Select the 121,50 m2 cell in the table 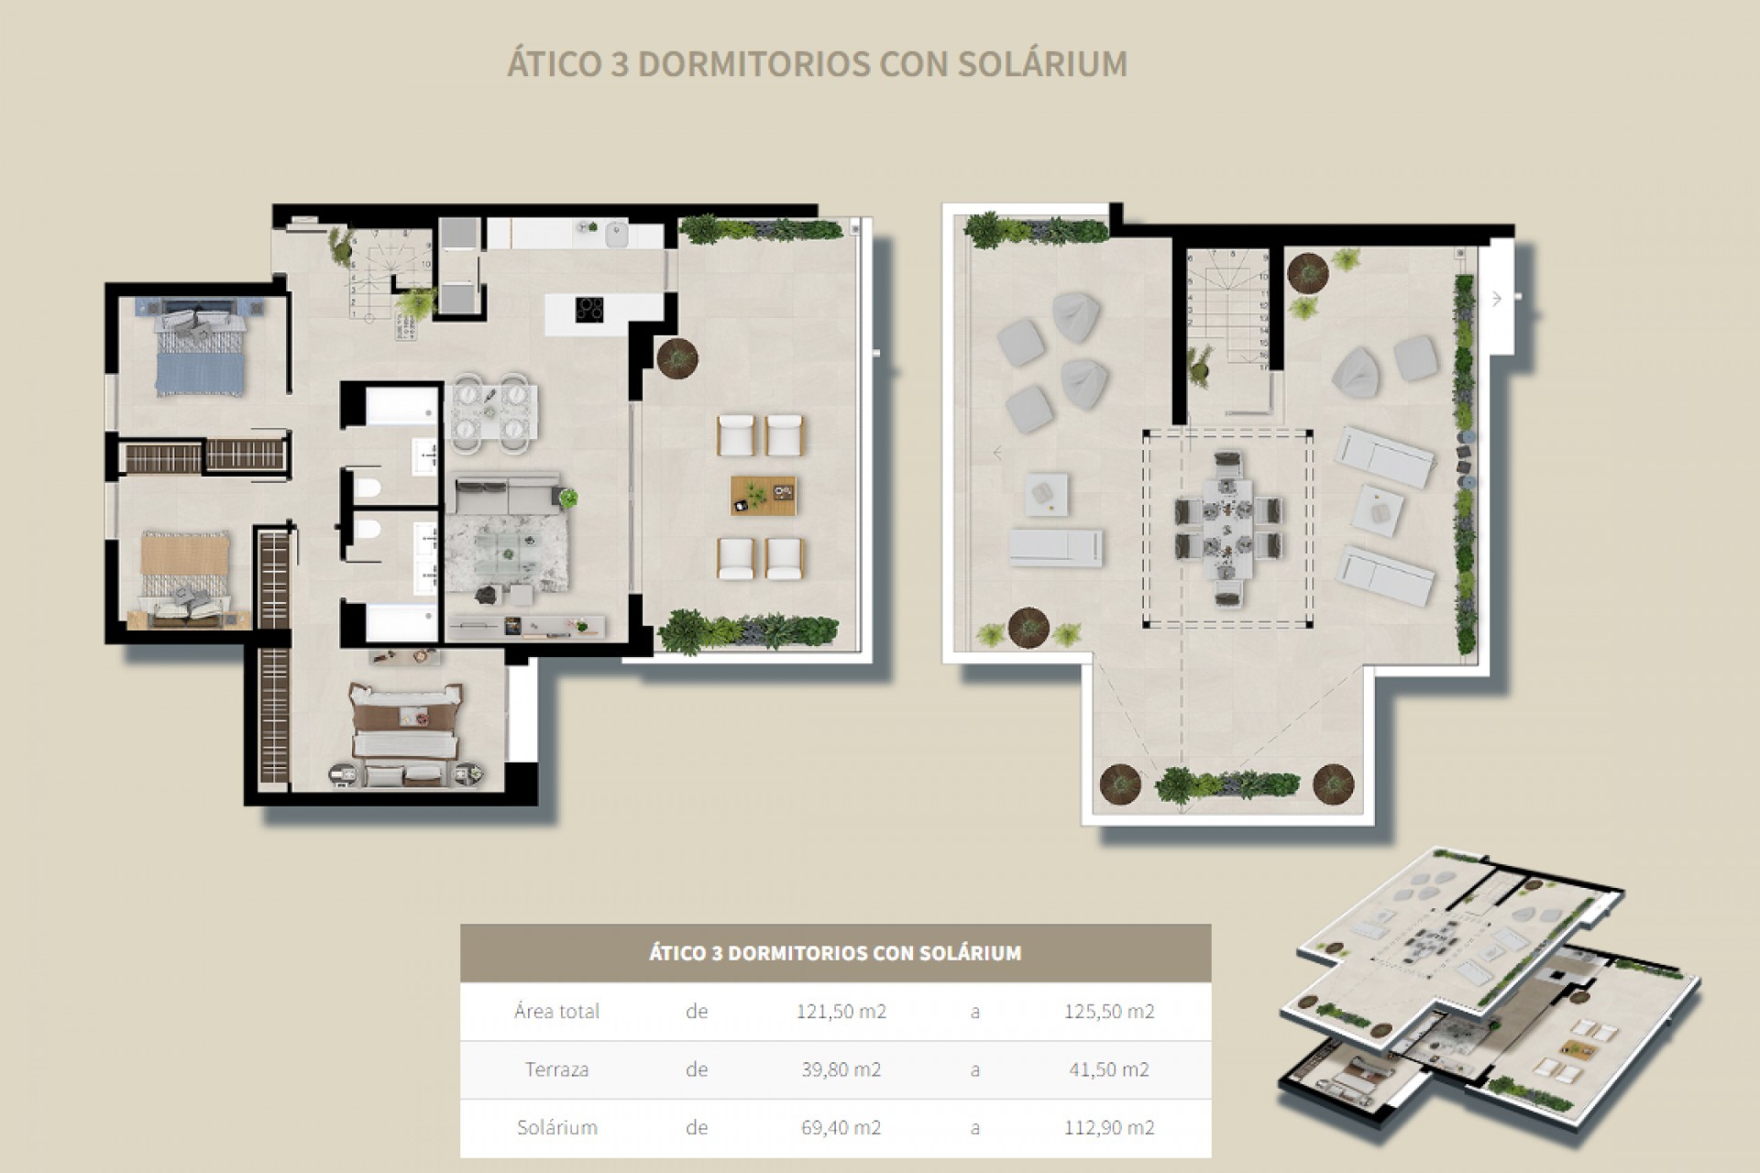coord(841,1012)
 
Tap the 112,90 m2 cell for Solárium coord(1109,1127)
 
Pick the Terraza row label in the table coord(556,1069)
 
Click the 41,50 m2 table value coord(1109,1069)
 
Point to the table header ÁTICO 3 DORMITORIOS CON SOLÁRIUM coord(835,953)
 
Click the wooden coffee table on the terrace coord(764,496)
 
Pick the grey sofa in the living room coord(509,495)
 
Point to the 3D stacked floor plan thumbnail coord(1485,999)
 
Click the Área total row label coord(556,1012)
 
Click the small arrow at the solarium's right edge coord(1497,299)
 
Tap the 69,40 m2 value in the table coord(841,1127)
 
